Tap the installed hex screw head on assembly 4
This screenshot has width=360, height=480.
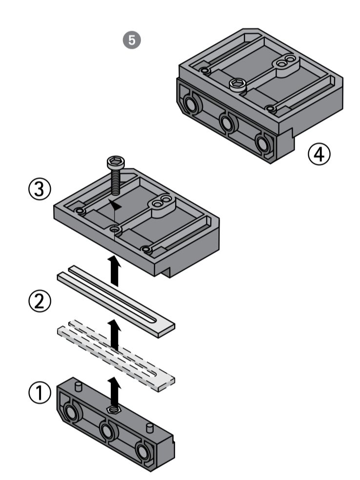(237, 84)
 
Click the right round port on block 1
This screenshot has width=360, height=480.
(143, 451)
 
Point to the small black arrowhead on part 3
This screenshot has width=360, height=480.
(115, 206)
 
